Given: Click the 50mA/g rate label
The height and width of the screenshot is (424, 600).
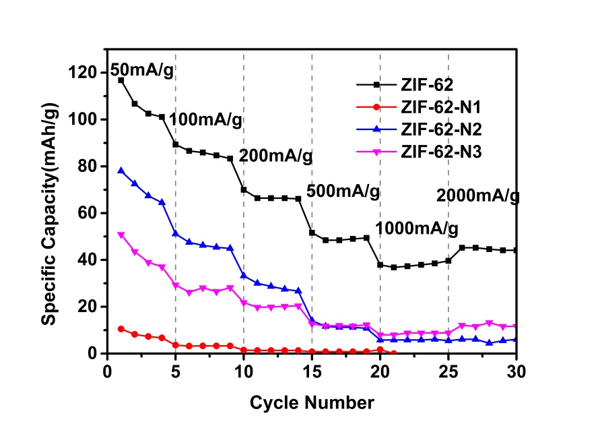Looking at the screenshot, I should (x=142, y=69).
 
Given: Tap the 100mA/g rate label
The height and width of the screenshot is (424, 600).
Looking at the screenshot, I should (x=205, y=121).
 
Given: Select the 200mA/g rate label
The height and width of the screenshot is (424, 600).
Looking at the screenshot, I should (x=276, y=156).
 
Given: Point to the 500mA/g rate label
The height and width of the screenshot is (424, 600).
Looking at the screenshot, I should (x=343, y=191).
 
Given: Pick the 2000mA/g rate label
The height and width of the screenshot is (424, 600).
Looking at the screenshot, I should (x=478, y=196).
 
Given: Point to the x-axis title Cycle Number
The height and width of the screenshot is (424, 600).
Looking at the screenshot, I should (x=312, y=403).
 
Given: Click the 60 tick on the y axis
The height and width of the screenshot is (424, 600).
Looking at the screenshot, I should (x=91, y=213).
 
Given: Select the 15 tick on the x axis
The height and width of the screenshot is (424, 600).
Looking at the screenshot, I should (x=312, y=371).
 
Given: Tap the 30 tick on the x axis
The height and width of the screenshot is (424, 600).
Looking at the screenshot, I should (x=517, y=371).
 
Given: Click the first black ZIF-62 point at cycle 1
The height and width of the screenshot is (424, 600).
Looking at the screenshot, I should (x=121, y=80).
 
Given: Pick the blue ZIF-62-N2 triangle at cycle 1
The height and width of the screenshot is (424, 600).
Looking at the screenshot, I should (x=121, y=171).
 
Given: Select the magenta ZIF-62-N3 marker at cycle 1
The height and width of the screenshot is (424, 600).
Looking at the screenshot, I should (x=121, y=235).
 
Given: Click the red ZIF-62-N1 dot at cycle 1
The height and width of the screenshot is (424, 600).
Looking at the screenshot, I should (x=121, y=329).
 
